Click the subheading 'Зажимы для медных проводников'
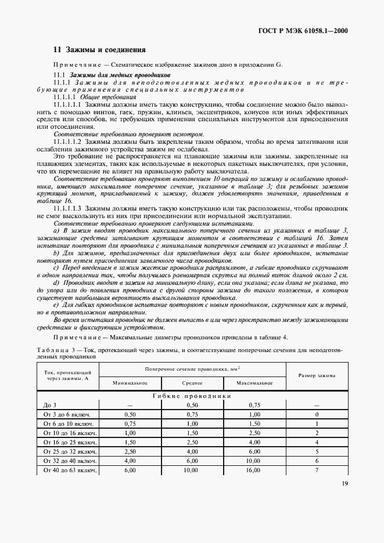point(120,75)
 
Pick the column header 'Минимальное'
point(130,383)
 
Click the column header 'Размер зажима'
point(317,375)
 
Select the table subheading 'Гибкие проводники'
point(192,396)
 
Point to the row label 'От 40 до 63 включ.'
point(66,470)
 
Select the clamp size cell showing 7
point(317,470)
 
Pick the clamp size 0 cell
point(317,414)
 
